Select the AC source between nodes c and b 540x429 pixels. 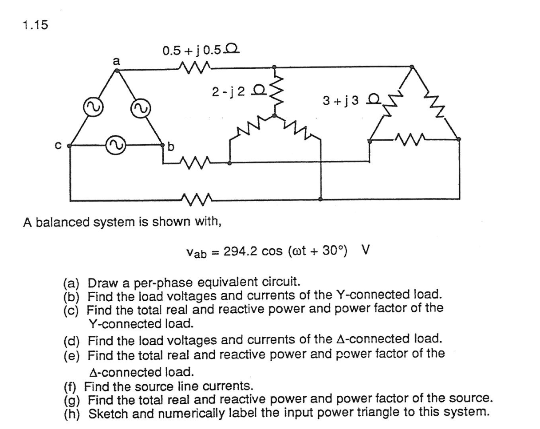[114, 144]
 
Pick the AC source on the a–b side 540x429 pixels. [139, 107]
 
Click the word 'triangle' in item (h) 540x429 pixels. [394, 412]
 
